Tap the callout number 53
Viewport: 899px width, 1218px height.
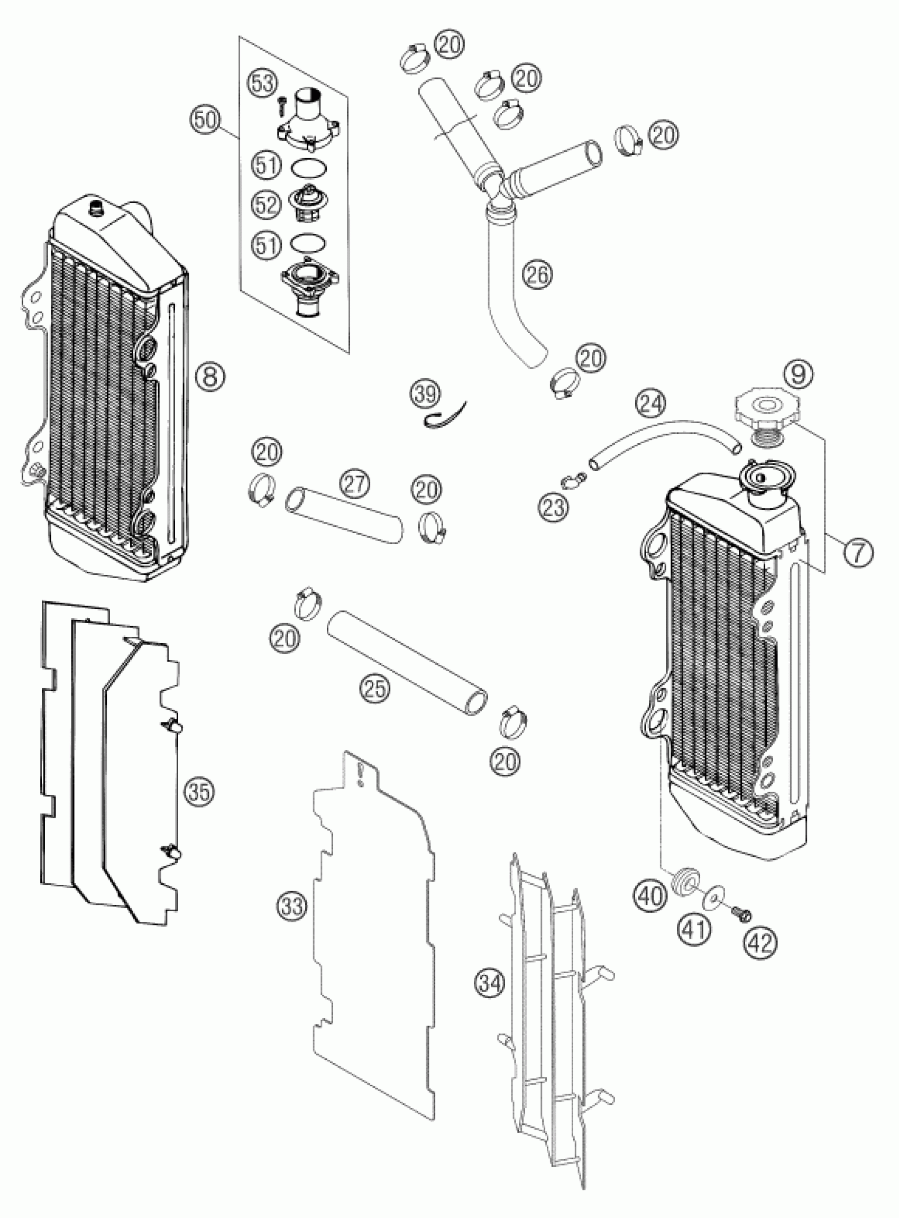point(262,85)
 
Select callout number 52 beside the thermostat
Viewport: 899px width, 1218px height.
point(267,205)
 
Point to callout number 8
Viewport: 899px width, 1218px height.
point(210,376)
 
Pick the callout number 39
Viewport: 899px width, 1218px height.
point(426,394)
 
